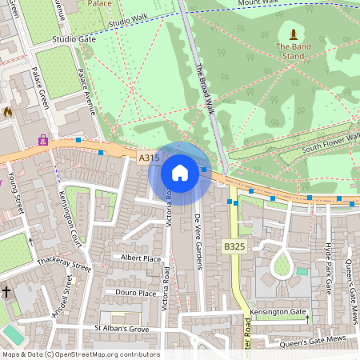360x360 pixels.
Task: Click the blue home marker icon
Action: pos(180,172)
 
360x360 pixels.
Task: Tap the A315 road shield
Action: pos(149,159)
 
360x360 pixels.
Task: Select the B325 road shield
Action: pos(234,247)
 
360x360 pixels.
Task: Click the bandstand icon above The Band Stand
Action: pos(294,34)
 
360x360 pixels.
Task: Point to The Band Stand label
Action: pos(294,51)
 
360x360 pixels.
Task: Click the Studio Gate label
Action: pos(74,38)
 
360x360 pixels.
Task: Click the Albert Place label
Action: pos(140,258)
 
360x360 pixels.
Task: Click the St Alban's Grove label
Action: pos(122,328)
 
